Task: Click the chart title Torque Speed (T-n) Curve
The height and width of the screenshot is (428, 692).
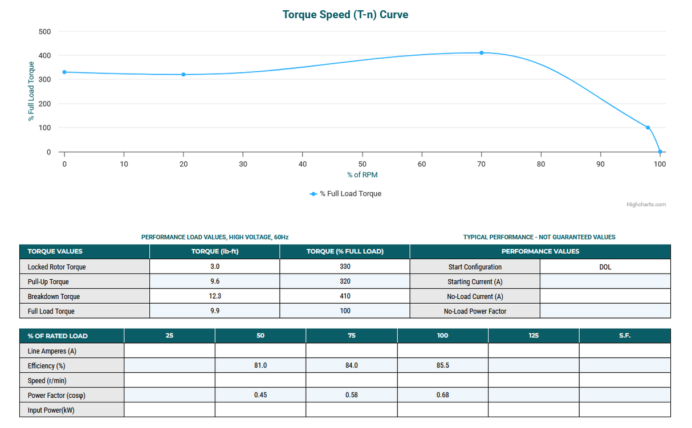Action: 345,15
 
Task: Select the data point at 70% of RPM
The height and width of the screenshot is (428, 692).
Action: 482,53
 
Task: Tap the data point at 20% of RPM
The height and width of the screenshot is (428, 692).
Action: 184,75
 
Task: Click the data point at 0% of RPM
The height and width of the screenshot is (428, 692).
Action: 64,72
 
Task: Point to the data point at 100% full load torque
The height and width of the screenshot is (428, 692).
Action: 648,128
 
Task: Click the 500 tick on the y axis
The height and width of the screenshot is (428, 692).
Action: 44,31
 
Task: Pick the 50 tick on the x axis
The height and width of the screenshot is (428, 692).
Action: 362,164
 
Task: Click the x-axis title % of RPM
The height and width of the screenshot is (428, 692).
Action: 362,174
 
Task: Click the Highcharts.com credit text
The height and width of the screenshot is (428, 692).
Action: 646,205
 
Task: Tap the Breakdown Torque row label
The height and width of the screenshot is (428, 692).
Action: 54,296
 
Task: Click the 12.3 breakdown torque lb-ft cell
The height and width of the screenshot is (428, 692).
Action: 214,296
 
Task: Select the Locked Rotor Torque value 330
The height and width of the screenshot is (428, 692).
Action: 344,267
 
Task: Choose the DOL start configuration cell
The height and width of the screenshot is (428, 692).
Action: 605,267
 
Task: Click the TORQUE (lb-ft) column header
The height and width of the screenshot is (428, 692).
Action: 214,251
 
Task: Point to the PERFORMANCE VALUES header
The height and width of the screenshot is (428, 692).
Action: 540,251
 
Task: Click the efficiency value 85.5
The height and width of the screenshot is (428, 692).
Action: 442,365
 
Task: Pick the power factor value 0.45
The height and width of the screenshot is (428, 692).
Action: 260,395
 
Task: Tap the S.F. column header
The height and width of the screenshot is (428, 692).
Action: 625,336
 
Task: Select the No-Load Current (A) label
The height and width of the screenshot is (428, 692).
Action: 475,296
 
